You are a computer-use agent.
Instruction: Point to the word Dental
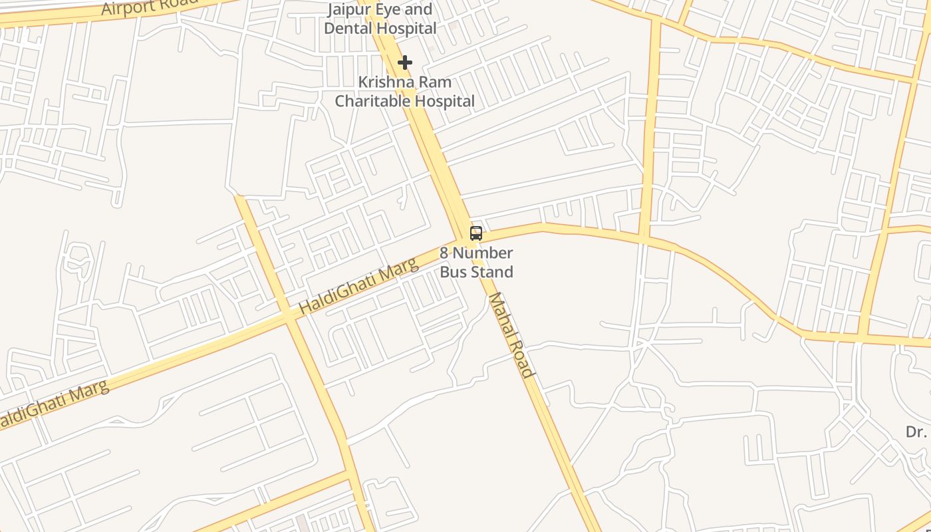click(x=346, y=28)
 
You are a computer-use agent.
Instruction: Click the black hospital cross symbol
click(x=404, y=63)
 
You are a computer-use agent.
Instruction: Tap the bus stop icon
click(x=476, y=233)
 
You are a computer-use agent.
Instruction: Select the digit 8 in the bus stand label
click(x=444, y=253)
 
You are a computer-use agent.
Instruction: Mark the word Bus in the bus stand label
click(x=453, y=271)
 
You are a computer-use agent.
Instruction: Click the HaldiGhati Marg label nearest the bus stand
click(x=359, y=286)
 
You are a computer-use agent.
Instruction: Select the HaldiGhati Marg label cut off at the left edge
click(x=53, y=404)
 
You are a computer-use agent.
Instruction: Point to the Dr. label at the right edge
click(x=916, y=432)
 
